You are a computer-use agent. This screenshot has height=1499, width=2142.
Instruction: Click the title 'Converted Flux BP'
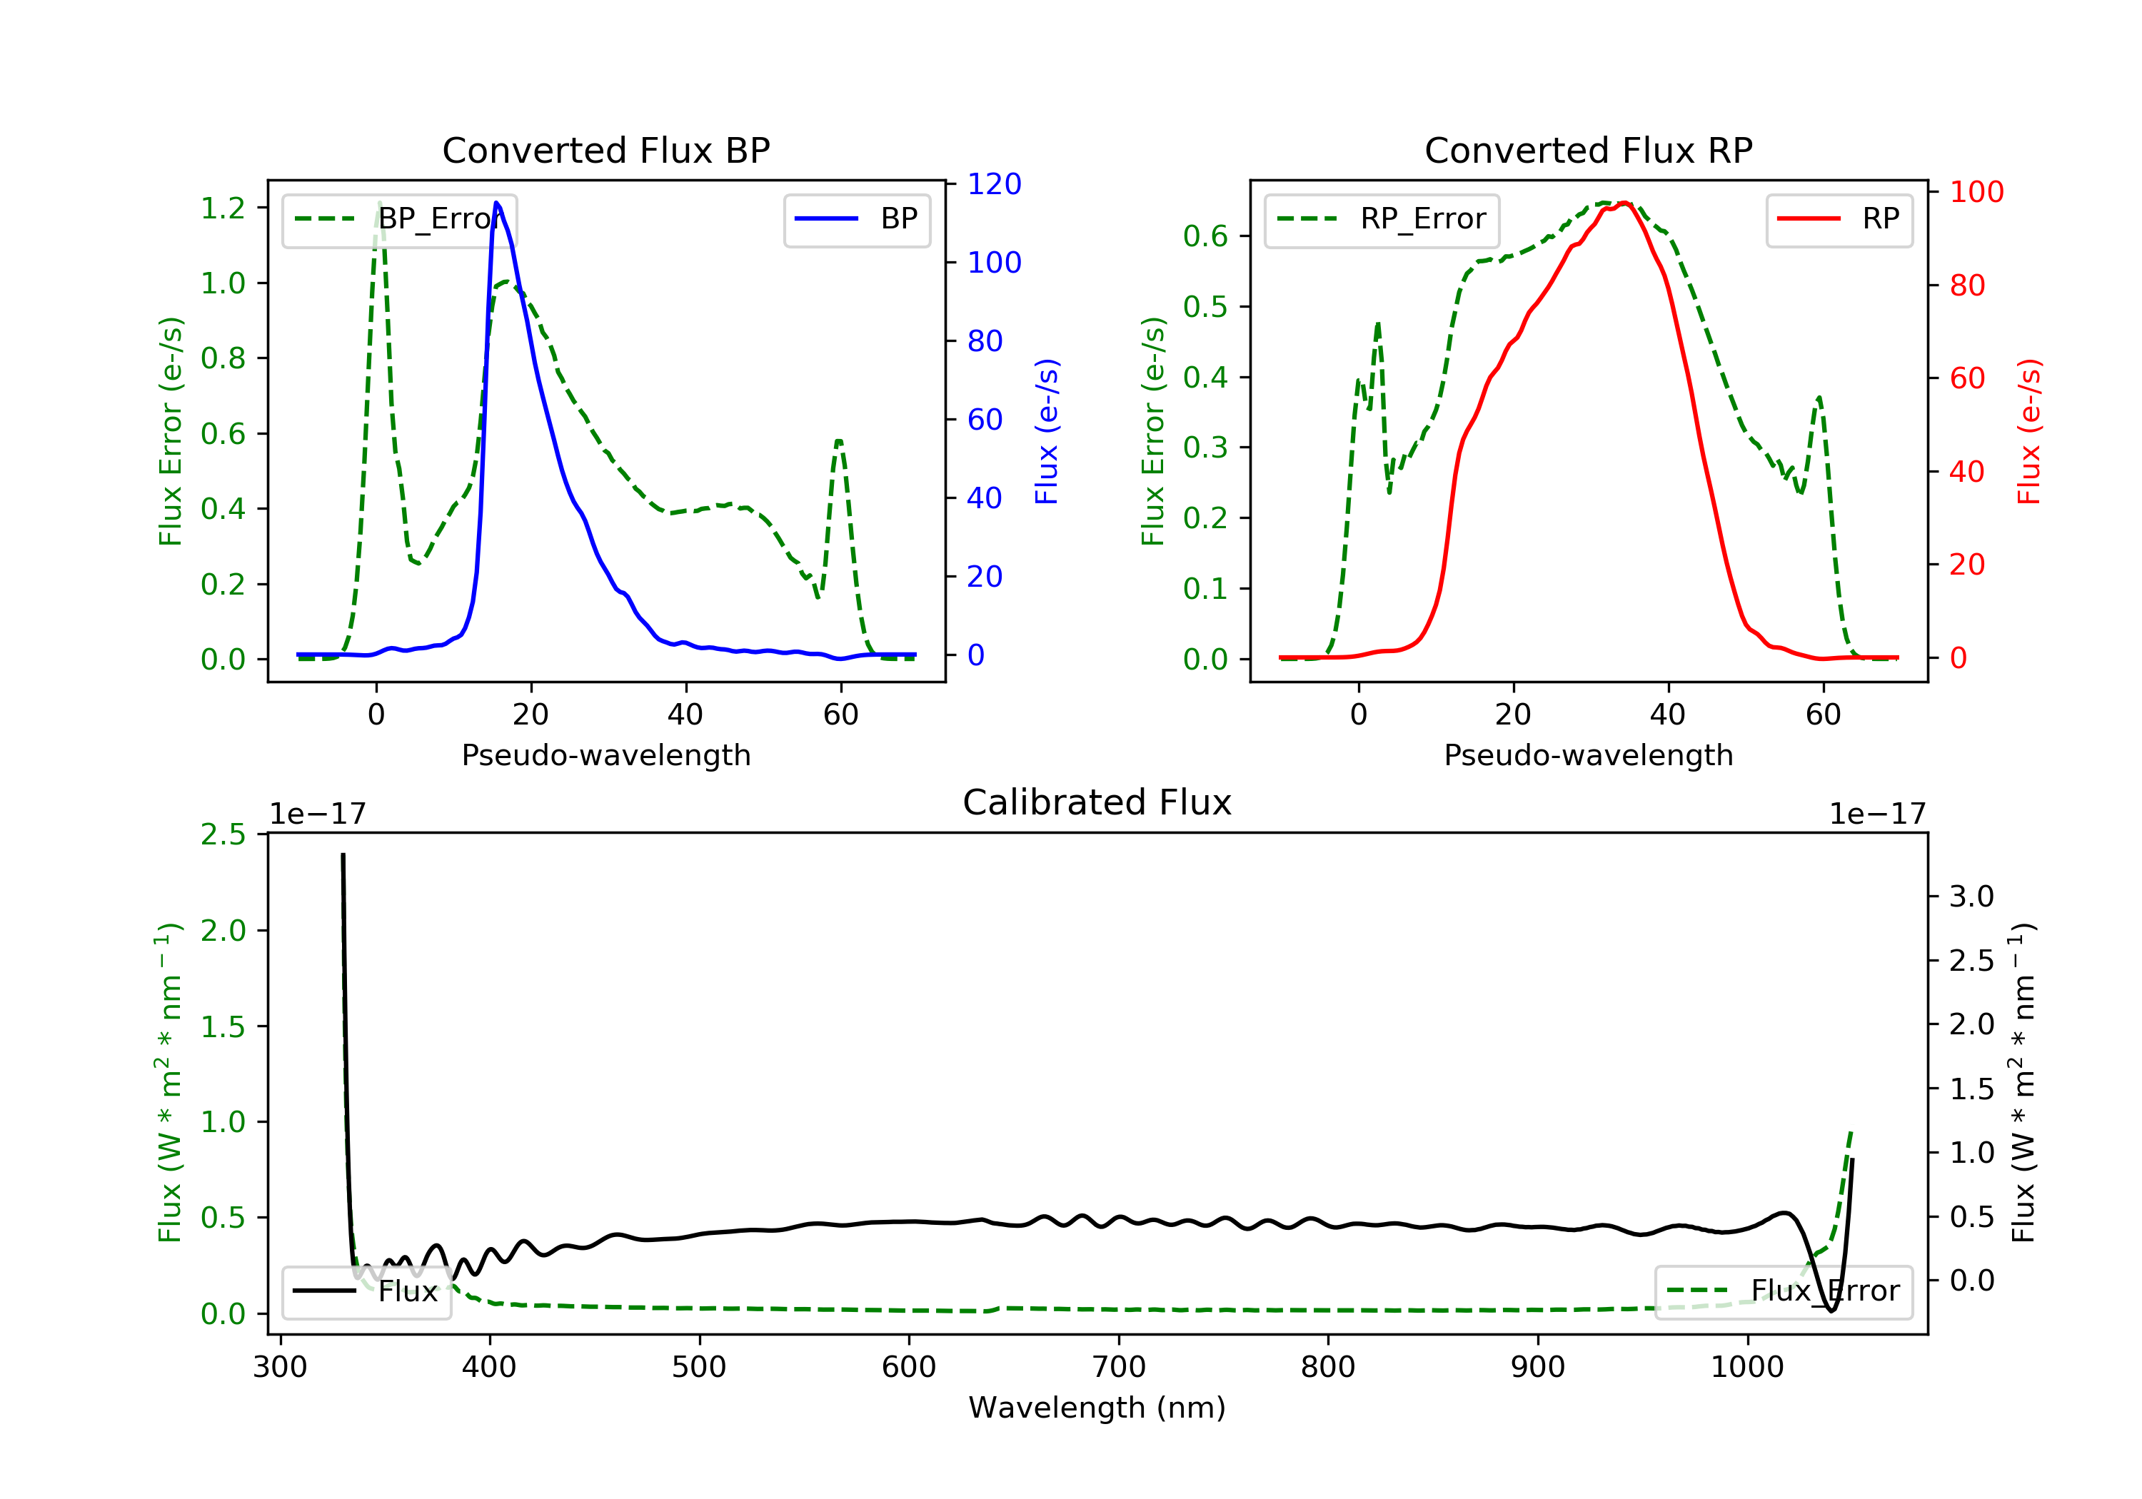605,150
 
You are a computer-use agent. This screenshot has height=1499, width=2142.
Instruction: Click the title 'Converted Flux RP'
1588,150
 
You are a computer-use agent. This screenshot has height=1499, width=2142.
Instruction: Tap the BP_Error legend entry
399,219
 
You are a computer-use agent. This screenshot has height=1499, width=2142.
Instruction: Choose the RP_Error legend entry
1382,219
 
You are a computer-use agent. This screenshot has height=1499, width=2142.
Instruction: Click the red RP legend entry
1839,219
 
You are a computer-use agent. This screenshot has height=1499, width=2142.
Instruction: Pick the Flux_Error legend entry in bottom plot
1783,1291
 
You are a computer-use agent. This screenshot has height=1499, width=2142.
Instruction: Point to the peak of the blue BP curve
496,203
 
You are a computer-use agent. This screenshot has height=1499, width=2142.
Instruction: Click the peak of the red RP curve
1624,203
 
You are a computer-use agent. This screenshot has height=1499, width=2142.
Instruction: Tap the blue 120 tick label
995,183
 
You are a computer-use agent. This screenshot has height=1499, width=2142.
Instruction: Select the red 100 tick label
1976,191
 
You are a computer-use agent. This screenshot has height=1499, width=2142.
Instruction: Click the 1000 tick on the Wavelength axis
1746,1368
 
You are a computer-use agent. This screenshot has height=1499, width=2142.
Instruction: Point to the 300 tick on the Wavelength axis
280,1368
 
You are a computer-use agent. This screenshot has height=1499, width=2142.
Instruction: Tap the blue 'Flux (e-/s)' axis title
1047,431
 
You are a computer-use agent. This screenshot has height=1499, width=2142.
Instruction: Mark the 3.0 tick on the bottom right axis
1971,897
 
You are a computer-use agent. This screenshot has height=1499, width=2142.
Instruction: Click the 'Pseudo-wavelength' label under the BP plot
605,754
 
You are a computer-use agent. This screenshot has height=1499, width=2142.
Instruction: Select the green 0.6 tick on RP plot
1205,236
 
